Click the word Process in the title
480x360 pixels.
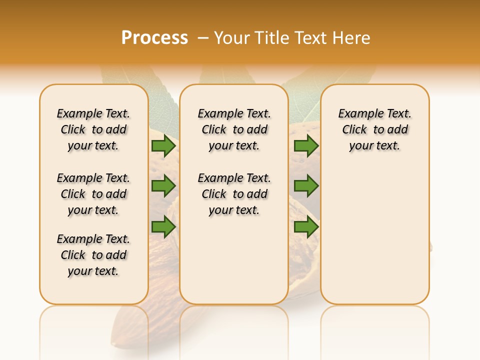click(154, 37)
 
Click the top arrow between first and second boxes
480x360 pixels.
click(163, 146)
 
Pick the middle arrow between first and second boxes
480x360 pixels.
click(163, 186)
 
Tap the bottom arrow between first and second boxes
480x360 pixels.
click(163, 227)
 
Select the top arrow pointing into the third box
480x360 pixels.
click(306, 146)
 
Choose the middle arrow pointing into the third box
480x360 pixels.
click(306, 186)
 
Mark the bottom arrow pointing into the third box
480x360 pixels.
click(306, 227)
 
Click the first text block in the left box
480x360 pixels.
click(93, 129)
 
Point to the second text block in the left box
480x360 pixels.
click(93, 194)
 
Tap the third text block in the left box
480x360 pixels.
click(93, 255)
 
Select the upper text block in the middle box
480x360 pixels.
click(234, 129)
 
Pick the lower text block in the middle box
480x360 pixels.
click(234, 194)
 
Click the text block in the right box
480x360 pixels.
click(374, 129)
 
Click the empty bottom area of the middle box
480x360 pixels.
click(234, 265)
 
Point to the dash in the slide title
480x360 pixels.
click(202, 37)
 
